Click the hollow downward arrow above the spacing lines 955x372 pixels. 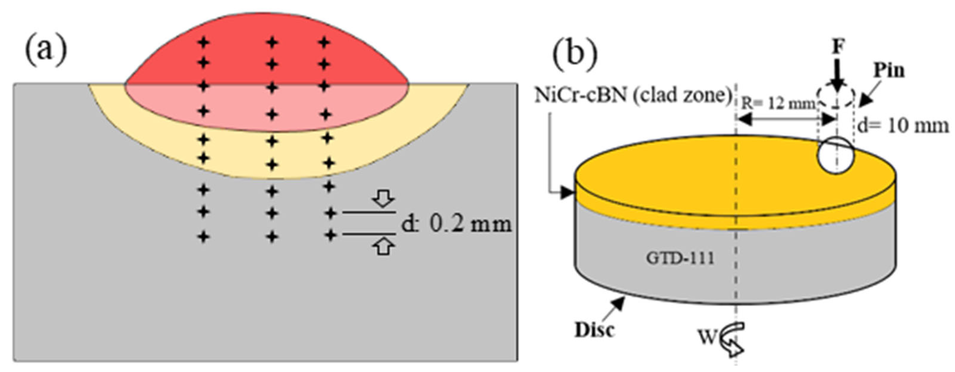click(x=384, y=199)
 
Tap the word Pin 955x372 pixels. click(x=889, y=70)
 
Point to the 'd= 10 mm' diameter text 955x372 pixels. click(x=903, y=126)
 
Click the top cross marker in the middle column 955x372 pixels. click(x=272, y=42)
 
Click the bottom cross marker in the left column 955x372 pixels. click(x=203, y=236)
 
